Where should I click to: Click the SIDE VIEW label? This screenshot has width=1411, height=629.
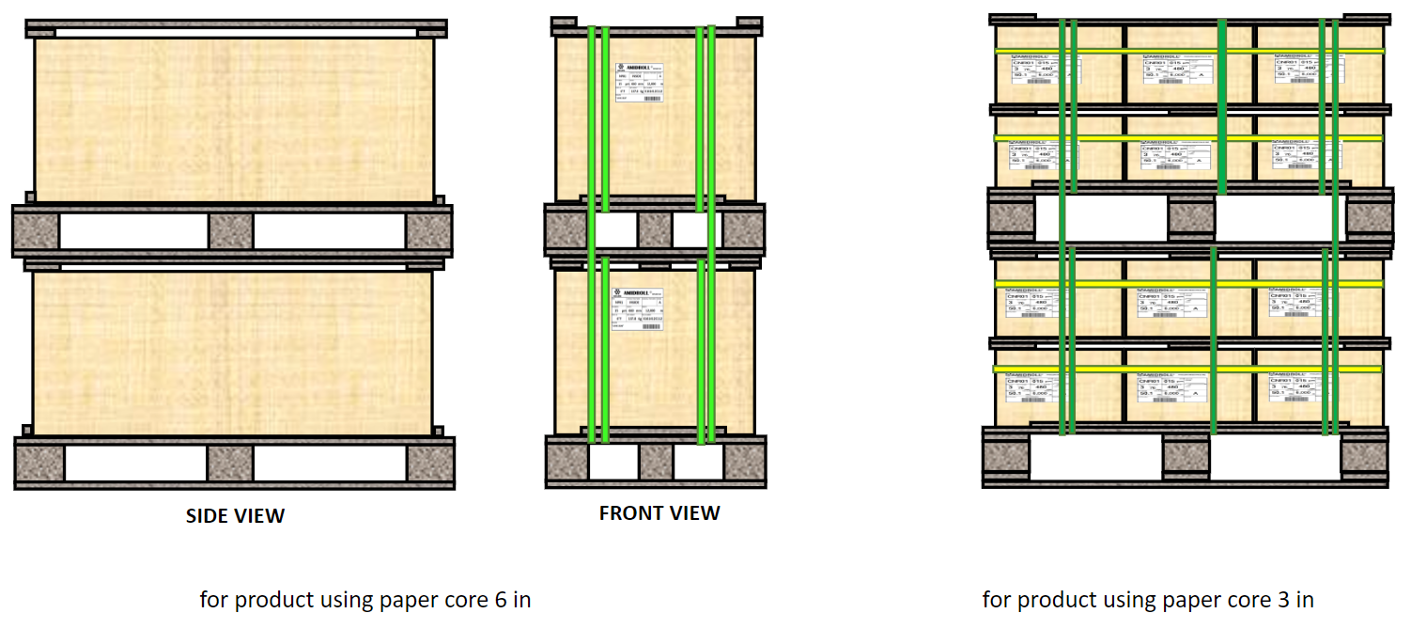pyautogui.click(x=235, y=515)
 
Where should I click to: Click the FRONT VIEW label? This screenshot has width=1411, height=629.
pyautogui.click(x=659, y=513)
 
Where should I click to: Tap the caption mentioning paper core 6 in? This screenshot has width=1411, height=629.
pyautogui.click(x=365, y=599)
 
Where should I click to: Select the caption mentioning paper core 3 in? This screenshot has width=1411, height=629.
pyautogui.click(x=1148, y=599)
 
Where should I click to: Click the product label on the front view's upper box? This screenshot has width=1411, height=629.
pyautogui.click(x=640, y=83)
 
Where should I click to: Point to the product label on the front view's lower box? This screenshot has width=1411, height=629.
pyautogui.click(x=637, y=308)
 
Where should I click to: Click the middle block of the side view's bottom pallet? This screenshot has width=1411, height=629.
pyautogui.click(x=230, y=463)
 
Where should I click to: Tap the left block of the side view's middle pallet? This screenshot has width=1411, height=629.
pyautogui.click(x=36, y=230)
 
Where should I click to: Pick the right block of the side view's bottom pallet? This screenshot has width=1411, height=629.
pyautogui.click(x=429, y=463)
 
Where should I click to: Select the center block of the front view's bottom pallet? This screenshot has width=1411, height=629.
pyautogui.click(x=655, y=462)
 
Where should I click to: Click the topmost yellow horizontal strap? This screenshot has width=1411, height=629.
pyautogui.click(x=1188, y=51)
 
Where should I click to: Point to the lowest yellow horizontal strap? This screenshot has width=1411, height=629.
pyautogui.click(x=1188, y=369)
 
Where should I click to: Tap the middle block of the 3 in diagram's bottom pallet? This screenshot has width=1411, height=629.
pyautogui.click(x=1186, y=457)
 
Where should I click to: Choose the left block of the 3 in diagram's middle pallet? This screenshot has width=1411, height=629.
pyautogui.click(x=1011, y=217)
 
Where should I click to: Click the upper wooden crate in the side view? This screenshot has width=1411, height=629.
pyautogui.click(x=234, y=119)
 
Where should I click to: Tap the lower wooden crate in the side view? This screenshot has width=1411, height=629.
pyautogui.click(x=233, y=354)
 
